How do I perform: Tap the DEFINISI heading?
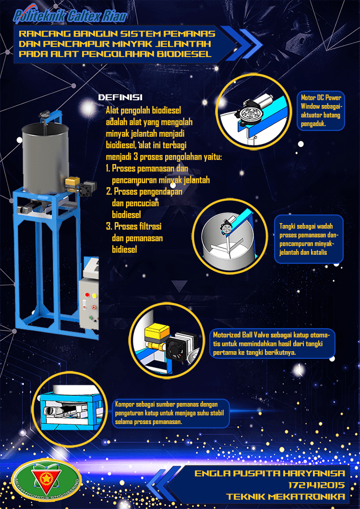pos(120,97)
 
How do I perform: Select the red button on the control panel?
pos(87,295)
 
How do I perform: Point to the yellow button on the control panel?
pos(95,296)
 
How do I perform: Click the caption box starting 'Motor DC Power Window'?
pos(321,111)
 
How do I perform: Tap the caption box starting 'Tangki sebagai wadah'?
pos(309,239)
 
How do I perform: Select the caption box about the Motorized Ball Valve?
pos(272,344)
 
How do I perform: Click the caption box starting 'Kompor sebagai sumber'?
pos(171,413)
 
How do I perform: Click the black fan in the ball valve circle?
pos(177,348)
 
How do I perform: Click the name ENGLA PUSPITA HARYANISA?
pos(269,473)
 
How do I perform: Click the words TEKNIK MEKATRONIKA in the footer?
pos(285,497)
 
